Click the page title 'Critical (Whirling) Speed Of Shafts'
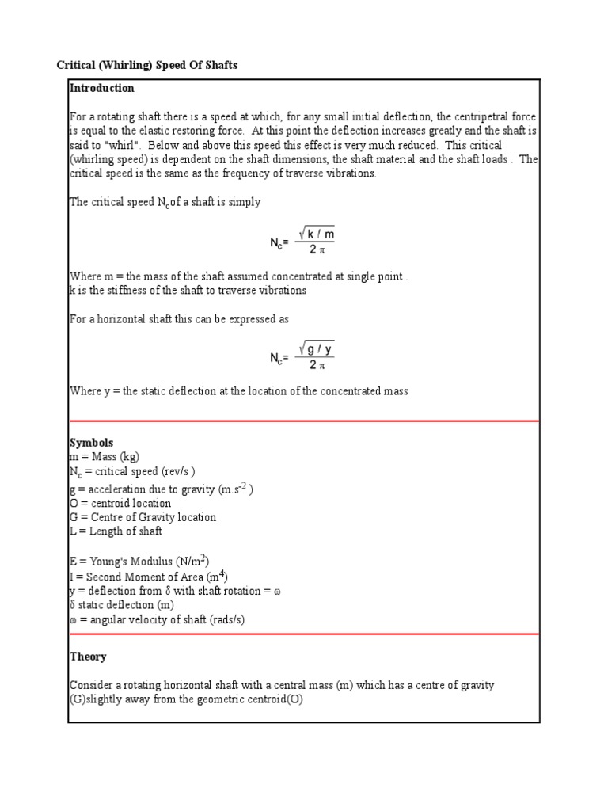coord(146,65)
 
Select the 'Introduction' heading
coord(102,88)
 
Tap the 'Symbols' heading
coord(92,443)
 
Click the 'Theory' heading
coord(88,657)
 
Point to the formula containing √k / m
coord(304,240)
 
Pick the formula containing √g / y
coord(304,355)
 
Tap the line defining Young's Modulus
coord(139,562)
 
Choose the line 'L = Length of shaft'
coord(116,531)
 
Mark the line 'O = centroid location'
coord(120,503)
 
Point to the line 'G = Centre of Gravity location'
coord(142,517)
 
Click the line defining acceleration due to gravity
coord(161,489)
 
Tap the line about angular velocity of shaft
coord(157,619)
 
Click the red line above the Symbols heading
coord(304,421)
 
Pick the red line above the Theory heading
coord(304,634)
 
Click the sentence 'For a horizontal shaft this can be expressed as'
coord(179,318)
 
